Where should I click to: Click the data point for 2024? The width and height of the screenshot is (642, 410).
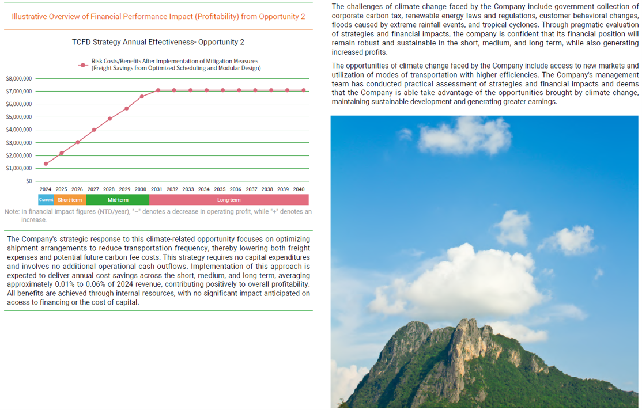coord(46,164)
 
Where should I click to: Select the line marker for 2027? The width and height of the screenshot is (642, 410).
coord(94,130)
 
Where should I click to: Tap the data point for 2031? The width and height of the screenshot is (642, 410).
coord(158,90)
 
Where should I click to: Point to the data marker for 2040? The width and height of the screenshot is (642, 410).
coord(303,90)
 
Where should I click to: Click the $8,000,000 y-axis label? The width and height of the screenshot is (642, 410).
coord(18,78)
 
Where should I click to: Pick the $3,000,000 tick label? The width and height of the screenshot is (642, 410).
coord(18,143)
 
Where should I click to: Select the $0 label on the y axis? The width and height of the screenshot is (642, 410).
coord(29,181)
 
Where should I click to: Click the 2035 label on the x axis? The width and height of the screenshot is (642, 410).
coord(220,189)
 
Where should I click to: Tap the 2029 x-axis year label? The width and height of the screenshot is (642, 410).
coord(124,189)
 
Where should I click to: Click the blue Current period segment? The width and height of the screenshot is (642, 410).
coord(46,200)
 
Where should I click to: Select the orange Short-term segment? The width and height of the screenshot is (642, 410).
coord(70,200)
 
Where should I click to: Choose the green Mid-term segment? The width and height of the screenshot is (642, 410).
coord(118,200)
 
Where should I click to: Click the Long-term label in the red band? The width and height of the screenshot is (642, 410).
coord(229,200)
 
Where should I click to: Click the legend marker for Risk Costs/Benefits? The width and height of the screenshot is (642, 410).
coord(84,64)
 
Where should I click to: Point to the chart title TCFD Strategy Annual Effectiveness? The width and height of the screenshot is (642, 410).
coord(158,42)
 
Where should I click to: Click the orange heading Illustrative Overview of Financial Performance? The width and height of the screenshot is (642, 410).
coord(158,16)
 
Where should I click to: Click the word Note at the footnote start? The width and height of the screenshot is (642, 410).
coord(12,212)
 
